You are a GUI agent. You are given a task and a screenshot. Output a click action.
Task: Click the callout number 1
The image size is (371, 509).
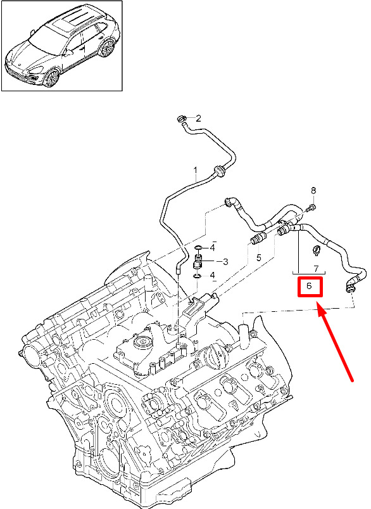coord(196,170)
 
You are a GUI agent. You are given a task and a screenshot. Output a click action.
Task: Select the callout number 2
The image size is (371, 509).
coord(198,118)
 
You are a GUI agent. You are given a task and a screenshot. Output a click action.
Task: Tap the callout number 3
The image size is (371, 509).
coord(225,261)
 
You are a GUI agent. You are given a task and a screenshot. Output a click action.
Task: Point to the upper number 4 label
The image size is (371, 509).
coord(212,248)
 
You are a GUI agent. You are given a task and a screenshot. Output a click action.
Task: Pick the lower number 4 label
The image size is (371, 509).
coord(212,276)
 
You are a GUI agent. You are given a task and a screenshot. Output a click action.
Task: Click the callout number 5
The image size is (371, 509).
coord(258,258)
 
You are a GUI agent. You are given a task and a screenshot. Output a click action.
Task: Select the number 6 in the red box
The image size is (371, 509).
coord(309,286)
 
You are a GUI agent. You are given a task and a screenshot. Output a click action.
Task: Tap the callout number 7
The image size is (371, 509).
coord(316,269)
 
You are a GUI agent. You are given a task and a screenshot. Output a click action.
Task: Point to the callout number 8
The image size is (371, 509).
coord(313,191)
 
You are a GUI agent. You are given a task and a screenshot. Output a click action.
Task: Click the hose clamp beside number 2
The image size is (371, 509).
coord(182,119)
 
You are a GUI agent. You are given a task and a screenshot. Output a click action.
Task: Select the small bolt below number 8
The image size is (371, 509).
coord(312,207)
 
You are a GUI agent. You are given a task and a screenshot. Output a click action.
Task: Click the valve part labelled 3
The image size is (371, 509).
coord(198,262)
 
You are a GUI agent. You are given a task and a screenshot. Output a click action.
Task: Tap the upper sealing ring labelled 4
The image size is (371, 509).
coord(198,248)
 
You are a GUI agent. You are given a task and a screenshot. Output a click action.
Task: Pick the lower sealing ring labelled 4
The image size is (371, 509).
coord(197,276)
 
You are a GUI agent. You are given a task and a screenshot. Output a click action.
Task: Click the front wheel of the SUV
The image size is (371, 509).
coord(52,78)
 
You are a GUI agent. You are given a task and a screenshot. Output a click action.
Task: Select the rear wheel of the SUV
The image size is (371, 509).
coord(108,48)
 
